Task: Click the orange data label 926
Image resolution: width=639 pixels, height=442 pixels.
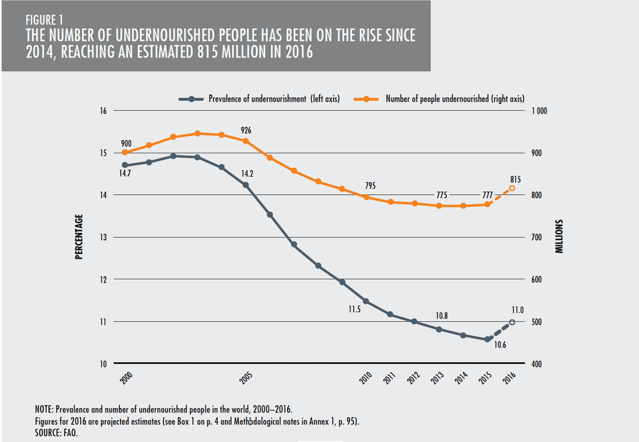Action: pyautogui.click(x=245, y=130)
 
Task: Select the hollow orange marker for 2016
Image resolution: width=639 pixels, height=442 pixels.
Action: pyautogui.click(x=512, y=188)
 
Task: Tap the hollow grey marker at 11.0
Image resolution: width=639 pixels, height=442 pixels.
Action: pyautogui.click(x=512, y=322)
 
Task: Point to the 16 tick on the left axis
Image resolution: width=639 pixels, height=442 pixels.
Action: pyautogui.click(x=102, y=111)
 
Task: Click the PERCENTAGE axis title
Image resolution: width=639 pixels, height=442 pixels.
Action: pyautogui.click(x=79, y=236)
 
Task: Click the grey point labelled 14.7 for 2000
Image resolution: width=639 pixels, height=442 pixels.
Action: pyautogui.click(x=125, y=165)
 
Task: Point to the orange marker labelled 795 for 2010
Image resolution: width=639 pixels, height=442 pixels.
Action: pyautogui.click(x=366, y=197)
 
